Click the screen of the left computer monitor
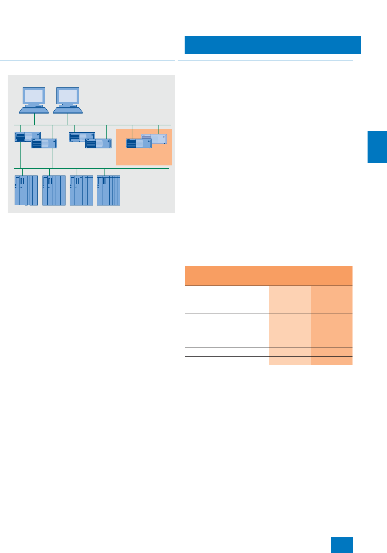coord(34,95)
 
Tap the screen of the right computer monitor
coord(68,95)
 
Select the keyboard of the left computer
coord(34,110)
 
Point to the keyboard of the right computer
coord(68,110)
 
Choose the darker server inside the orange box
coord(138,143)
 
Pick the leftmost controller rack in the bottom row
coord(26,190)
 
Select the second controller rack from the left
coord(54,190)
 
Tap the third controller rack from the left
coord(81,190)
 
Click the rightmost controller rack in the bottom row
coord(108,190)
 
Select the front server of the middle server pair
coord(99,143)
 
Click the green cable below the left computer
coord(34,119)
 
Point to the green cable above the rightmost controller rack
coord(104,172)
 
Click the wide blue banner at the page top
coord(272,45)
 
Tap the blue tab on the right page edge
coord(377,147)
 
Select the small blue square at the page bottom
coord(341,545)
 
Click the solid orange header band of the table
coord(268,276)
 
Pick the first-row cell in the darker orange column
coord(331,299)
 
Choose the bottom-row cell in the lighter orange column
coord(289,361)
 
